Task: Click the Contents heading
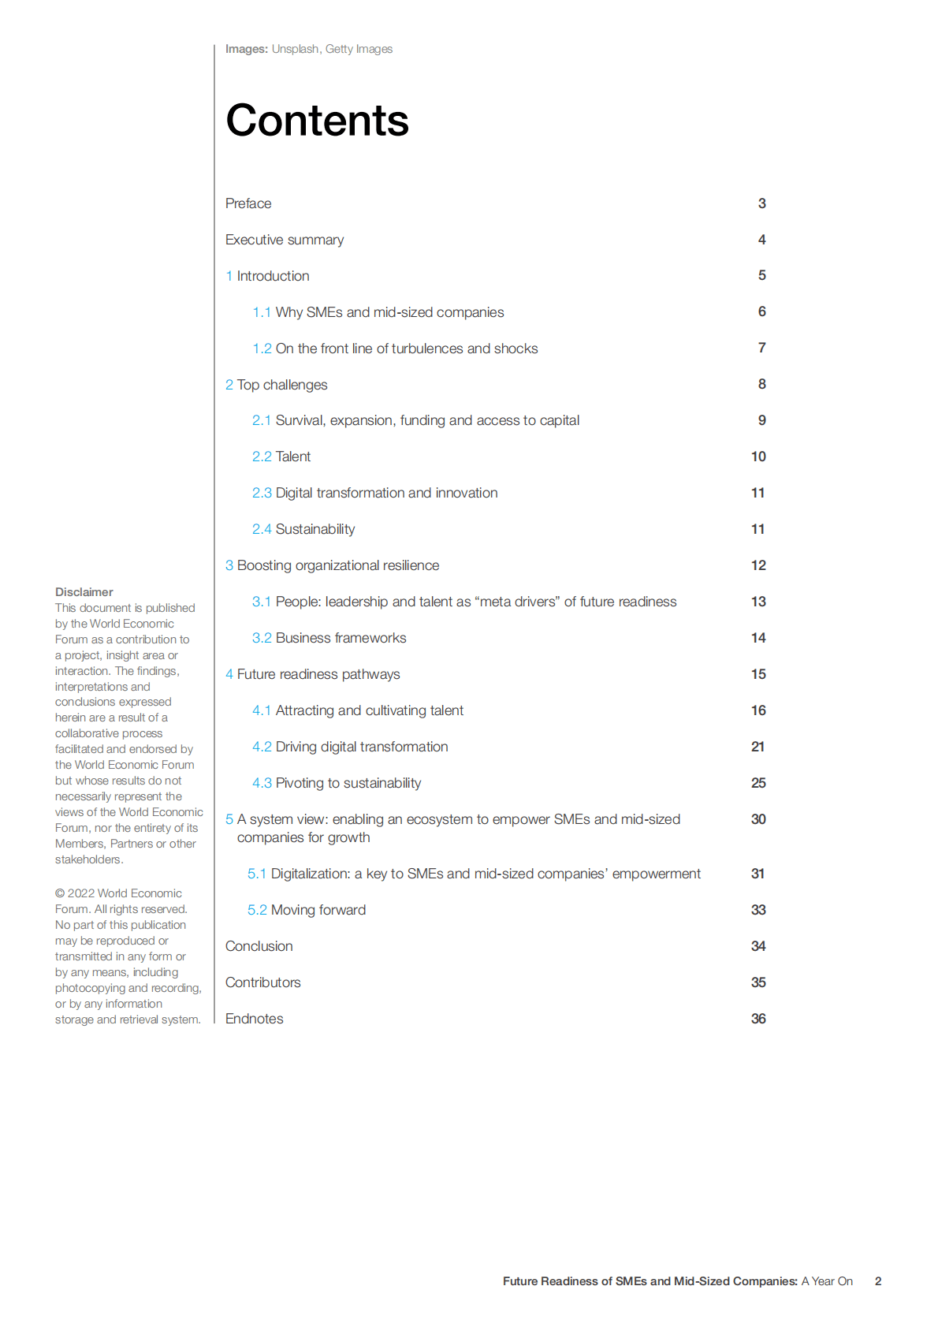pos(317,121)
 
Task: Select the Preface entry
pos(248,203)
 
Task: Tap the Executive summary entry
pos(285,240)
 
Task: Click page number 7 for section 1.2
pos(761,348)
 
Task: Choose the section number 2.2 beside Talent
pos(262,457)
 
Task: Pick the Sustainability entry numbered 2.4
pos(315,529)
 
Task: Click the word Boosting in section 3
pos(264,565)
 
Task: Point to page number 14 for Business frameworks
pos(758,638)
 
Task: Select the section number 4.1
pos(262,710)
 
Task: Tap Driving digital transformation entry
pos(361,747)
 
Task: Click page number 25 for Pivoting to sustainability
pos(758,783)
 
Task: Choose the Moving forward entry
pos(318,910)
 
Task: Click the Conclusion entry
pos(259,946)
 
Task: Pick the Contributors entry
pos(262,982)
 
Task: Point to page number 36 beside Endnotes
pos(758,1019)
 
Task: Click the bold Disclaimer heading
pos(84,592)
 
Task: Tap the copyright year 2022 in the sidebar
pos(80,893)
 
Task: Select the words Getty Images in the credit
pos(359,49)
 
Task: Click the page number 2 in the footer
pos(878,1281)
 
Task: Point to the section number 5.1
pos(257,874)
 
